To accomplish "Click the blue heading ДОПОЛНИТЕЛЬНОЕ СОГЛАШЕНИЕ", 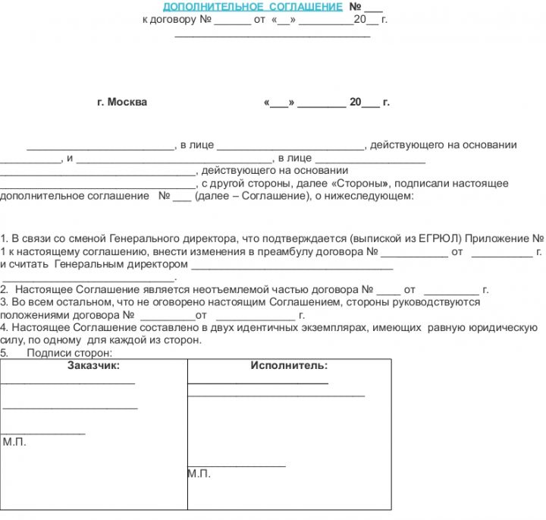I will (x=253, y=7).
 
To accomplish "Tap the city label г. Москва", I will (x=122, y=102).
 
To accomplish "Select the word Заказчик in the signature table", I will (x=93, y=366).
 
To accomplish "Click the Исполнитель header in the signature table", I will (x=289, y=366).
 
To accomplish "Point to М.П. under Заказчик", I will (x=14, y=442).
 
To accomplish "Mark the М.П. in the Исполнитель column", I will (x=199, y=474).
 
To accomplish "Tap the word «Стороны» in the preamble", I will (x=360, y=184).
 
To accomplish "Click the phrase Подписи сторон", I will (x=69, y=353).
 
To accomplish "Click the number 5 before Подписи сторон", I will (x=5, y=353).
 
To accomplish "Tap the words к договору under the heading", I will (x=169, y=20).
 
